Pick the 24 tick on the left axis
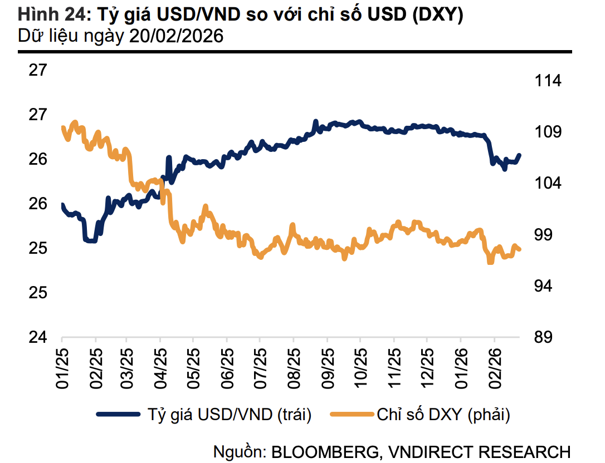pyautogui.click(x=38, y=337)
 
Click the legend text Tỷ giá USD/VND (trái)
pyautogui.click(x=229, y=414)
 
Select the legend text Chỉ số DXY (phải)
pyautogui.click(x=443, y=414)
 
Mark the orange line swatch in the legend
pyautogui.click(x=352, y=414)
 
